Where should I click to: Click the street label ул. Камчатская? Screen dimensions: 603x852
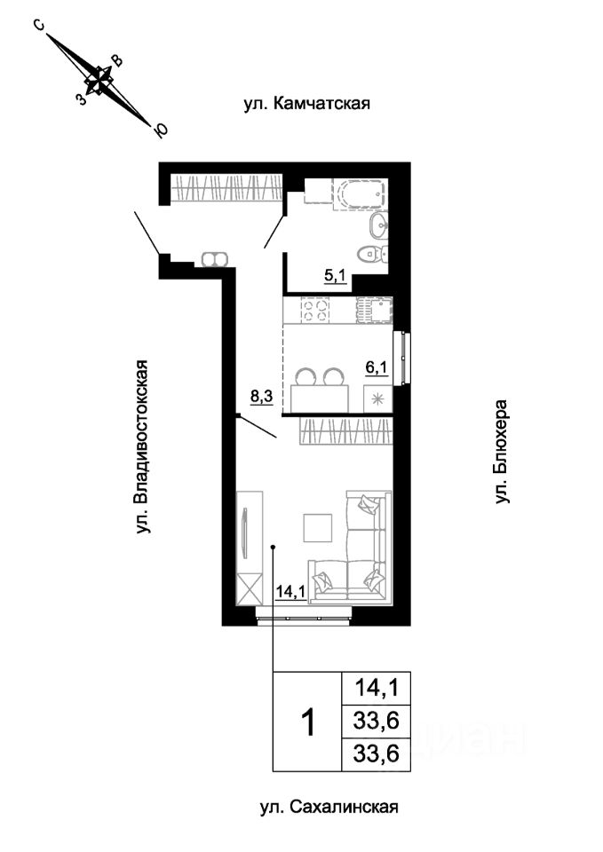(305, 104)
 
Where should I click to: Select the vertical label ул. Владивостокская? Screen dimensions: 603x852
(142, 446)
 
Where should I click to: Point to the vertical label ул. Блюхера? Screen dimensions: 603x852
(504, 452)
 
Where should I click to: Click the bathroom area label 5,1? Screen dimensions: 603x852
(336, 275)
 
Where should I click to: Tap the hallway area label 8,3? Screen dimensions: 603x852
(262, 397)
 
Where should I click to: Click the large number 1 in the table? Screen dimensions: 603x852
(307, 722)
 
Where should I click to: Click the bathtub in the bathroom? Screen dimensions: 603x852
(359, 193)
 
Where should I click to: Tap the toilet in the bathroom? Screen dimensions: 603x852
(377, 253)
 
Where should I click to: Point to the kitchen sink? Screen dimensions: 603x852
(374, 310)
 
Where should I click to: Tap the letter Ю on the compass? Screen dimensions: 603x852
(161, 131)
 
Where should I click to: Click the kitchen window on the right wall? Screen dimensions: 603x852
(405, 356)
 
